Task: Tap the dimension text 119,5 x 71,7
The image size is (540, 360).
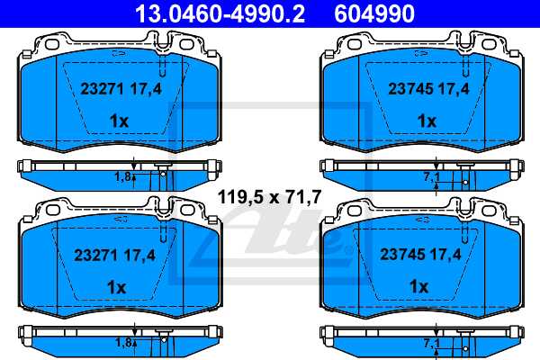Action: (269, 195)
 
